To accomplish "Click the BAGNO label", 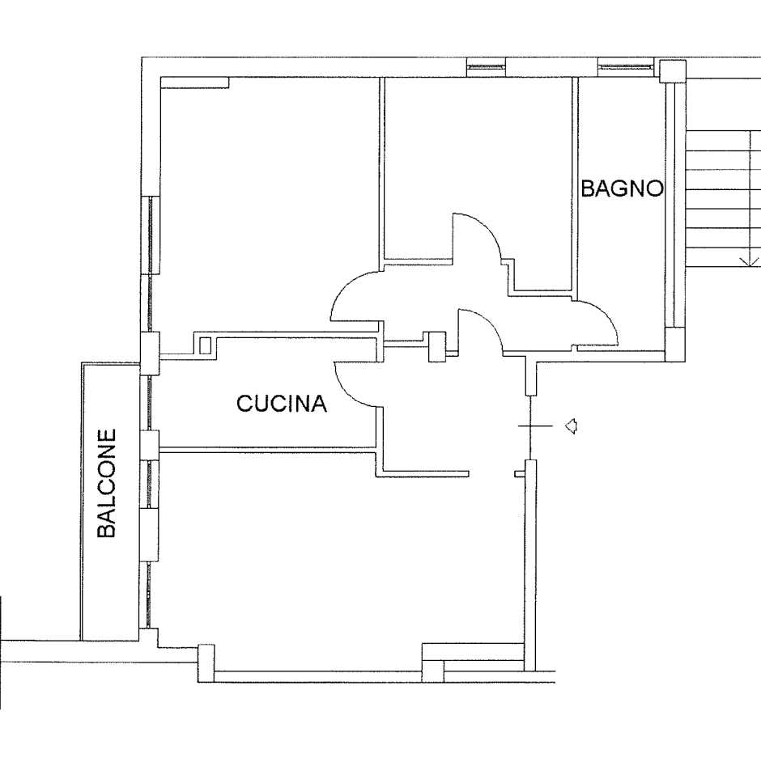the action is point(623,188).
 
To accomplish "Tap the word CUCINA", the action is point(282,404).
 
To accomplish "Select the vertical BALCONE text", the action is point(107,483).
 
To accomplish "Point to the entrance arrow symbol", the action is point(571,425).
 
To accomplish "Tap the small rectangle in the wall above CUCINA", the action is point(205,345).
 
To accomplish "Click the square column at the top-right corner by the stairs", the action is point(673,71).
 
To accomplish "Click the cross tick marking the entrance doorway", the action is point(535,425).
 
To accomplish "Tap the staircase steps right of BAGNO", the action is point(723,198).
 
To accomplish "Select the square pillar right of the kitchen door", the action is point(436,346).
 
